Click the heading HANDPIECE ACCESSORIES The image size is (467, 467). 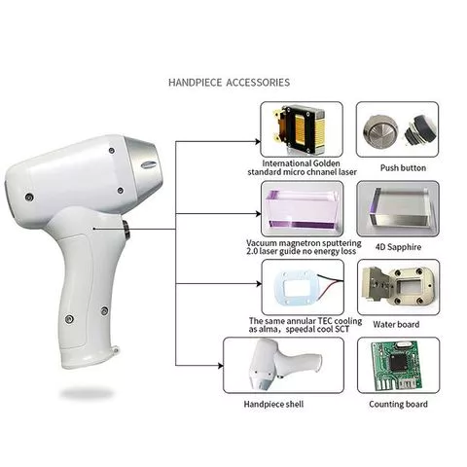[229, 83]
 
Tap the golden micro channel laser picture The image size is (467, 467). [301, 129]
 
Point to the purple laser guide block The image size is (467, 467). [301, 207]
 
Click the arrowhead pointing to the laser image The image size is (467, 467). [256, 140]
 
